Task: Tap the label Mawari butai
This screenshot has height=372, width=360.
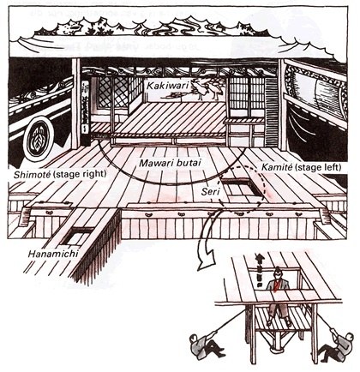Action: click(x=170, y=163)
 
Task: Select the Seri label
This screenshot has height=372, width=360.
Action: click(x=210, y=191)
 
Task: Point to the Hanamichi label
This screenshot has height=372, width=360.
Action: click(x=53, y=254)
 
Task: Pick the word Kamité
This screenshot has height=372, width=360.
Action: click(x=277, y=167)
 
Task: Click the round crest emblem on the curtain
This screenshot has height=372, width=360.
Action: click(x=38, y=141)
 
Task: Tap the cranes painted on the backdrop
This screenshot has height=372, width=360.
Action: click(x=206, y=89)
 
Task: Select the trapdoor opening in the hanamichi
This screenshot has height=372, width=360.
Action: click(x=76, y=236)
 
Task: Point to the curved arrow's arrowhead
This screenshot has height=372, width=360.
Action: click(x=207, y=261)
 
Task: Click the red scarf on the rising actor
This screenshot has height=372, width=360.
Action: click(x=276, y=285)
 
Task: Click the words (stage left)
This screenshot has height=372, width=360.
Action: click(x=318, y=167)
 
